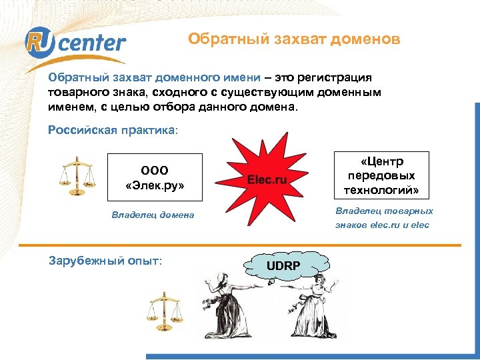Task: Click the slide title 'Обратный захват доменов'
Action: pos(294,39)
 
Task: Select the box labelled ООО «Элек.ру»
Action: pos(155,177)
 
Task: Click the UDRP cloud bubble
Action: pos(284,267)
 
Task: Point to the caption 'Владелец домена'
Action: pos(153,215)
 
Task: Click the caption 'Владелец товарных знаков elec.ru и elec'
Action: pos(383,218)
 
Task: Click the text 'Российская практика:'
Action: pos(113,129)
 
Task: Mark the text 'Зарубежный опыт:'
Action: pos(105,261)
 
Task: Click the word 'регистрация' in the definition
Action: pos(339,78)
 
